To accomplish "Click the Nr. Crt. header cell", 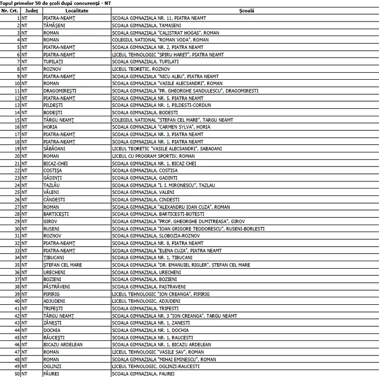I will [x=11, y=11].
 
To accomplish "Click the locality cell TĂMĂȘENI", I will [x=55, y=25].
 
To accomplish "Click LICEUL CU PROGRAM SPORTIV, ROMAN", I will [x=153, y=156].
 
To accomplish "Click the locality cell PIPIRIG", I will [x=53, y=294].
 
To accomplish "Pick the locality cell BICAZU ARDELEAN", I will [x=63, y=345].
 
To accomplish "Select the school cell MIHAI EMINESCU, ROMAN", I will [x=164, y=359].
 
